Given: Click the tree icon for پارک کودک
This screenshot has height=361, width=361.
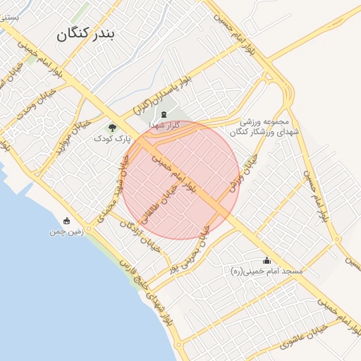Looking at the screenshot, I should (112, 127).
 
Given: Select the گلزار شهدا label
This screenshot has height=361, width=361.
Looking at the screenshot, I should (164, 125).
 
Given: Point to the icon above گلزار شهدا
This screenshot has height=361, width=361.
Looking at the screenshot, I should (164, 114).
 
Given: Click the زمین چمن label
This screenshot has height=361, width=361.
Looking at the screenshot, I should (67, 231).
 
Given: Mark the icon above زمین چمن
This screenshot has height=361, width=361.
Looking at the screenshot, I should (67, 220).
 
